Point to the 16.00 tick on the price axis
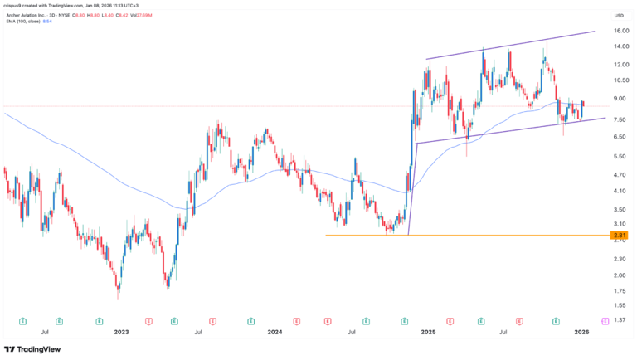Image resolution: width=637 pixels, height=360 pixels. pyautogui.click(x=618, y=32)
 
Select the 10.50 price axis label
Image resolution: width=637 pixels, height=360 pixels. pyautogui.click(x=618, y=80)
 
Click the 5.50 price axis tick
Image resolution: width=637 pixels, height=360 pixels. pyautogui.click(x=618, y=157)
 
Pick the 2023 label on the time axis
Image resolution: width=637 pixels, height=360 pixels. pyautogui.click(x=121, y=332)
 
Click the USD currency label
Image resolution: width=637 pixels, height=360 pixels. pyautogui.click(x=618, y=16)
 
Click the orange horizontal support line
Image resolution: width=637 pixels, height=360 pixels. pyautogui.click(x=464, y=235)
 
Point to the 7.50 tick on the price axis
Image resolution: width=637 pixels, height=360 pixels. pyautogui.click(x=618, y=119)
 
